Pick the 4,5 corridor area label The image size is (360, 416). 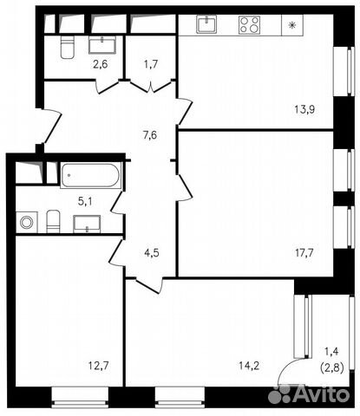coord(150,254)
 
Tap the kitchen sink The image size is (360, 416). coord(206,24)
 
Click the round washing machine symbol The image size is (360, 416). coord(27,223)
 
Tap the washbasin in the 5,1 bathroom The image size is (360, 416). coord(87,224)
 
